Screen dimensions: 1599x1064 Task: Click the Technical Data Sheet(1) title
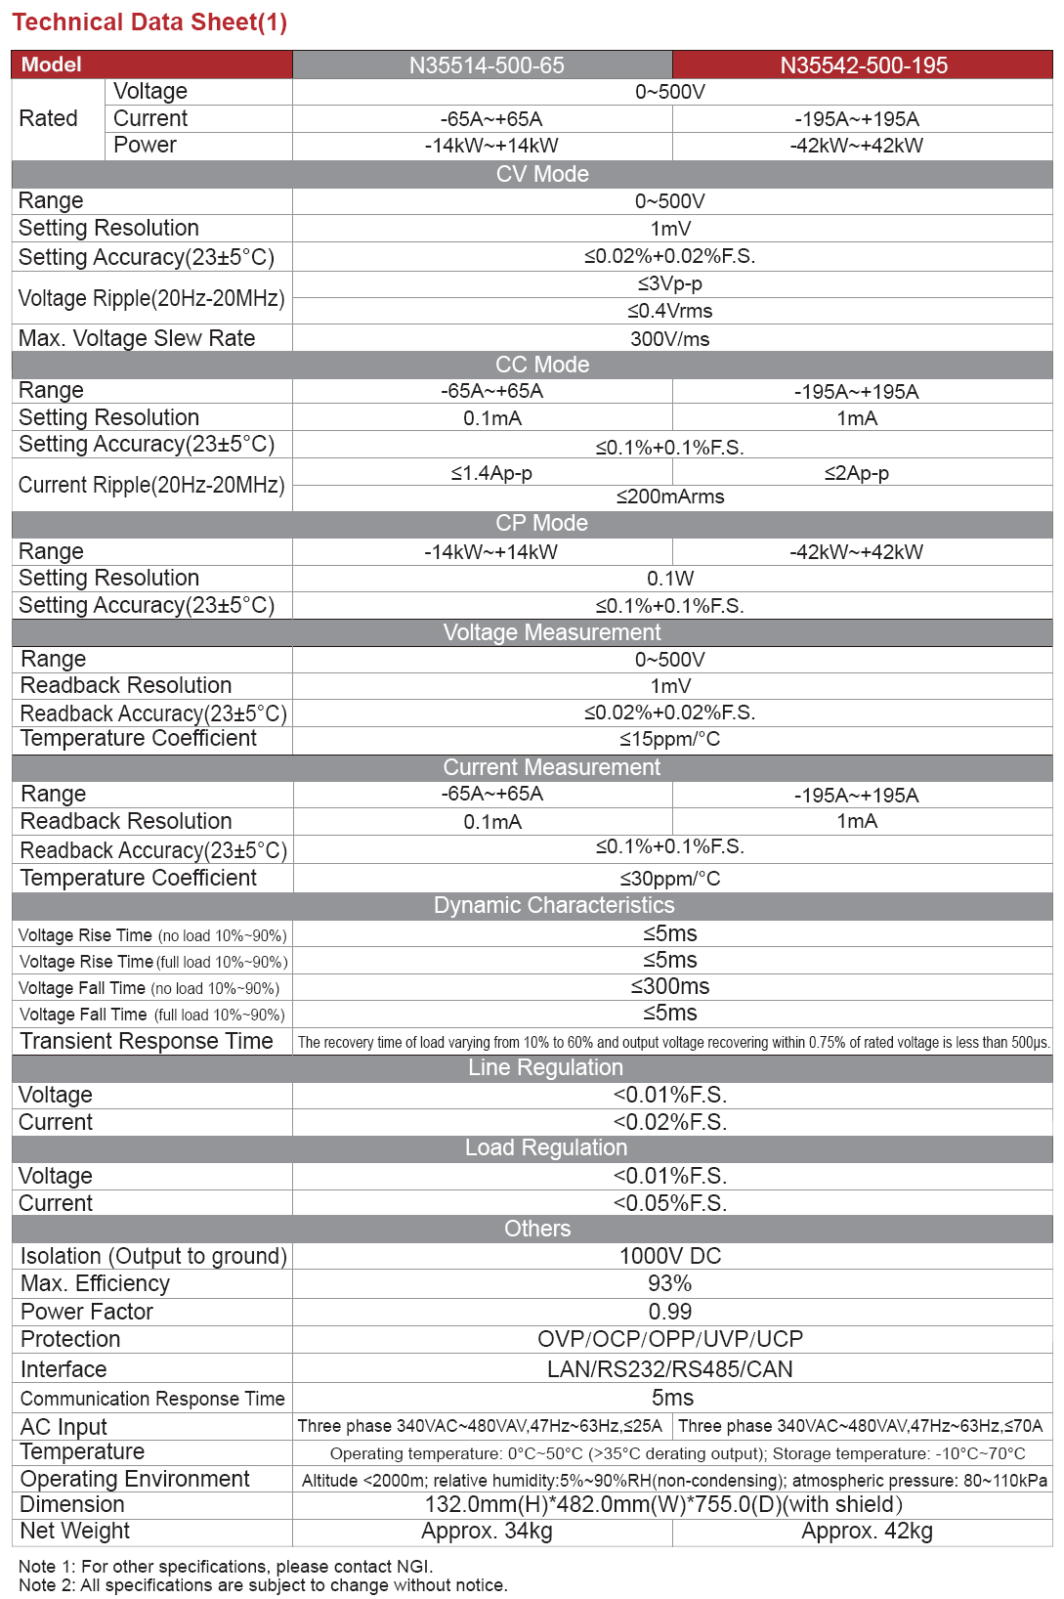pyautogui.click(x=149, y=22)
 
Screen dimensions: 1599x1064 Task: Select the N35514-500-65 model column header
pyautogui.click(x=487, y=65)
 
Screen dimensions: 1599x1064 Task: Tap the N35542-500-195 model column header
pyautogui.click(x=864, y=65)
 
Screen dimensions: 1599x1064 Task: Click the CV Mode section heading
pyautogui.click(x=542, y=174)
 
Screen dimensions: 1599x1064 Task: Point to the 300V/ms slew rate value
pyautogui.click(x=670, y=339)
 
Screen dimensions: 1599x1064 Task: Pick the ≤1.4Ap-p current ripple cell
pyautogui.click(x=491, y=473)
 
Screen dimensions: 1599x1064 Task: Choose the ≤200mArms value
pyautogui.click(x=670, y=497)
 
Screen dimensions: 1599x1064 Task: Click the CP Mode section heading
pyautogui.click(x=541, y=523)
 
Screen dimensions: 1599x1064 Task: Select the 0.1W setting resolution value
pyautogui.click(x=670, y=579)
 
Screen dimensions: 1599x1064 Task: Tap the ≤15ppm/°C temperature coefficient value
pyautogui.click(x=670, y=739)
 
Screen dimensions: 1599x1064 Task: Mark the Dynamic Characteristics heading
pyautogui.click(x=554, y=905)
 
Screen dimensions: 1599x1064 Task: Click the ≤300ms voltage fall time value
pyautogui.click(x=670, y=986)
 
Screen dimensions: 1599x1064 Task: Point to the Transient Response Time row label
pyautogui.click(x=147, y=1041)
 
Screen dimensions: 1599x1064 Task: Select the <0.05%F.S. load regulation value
pyautogui.click(x=670, y=1203)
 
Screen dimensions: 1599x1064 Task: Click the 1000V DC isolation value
pyautogui.click(x=670, y=1256)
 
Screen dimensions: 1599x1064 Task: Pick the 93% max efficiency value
pyautogui.click(x=670, y=1283)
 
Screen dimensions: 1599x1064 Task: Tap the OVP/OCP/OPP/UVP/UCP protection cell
pyautogui.click(x=670, y=1339)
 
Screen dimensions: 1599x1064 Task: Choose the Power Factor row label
pyautogui.click(x=87, y=1312)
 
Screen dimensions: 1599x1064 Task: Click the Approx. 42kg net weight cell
pyautogui.click(x=867, y=1532)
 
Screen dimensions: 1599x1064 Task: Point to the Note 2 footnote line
pyautogui.click(x=263, y=1584)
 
